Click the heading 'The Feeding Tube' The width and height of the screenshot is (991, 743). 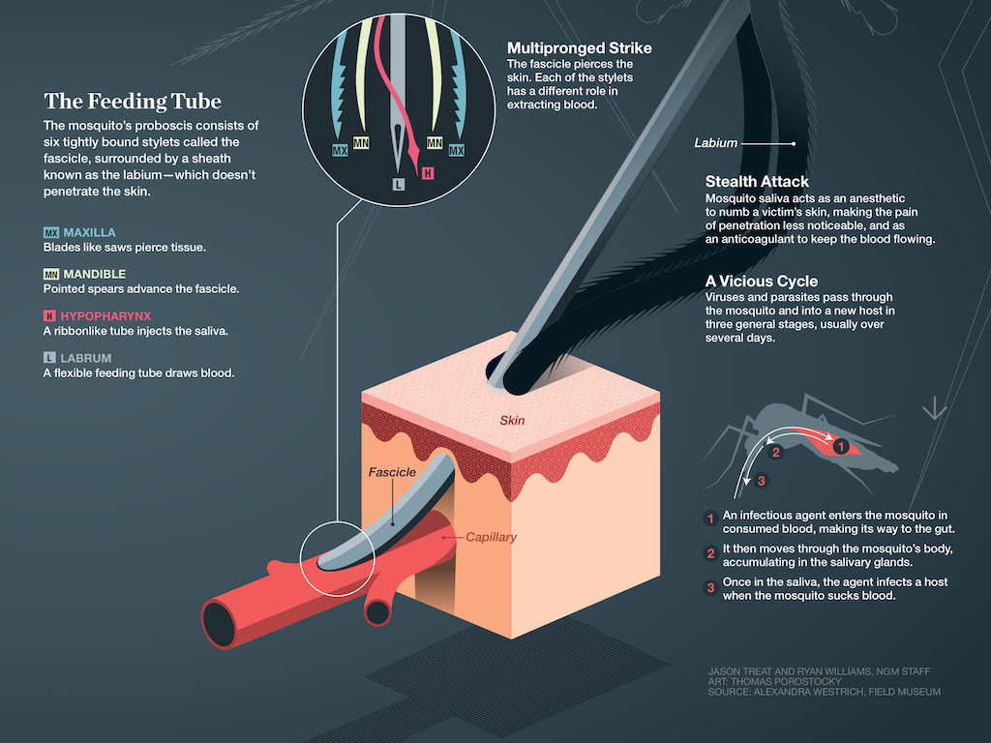133,101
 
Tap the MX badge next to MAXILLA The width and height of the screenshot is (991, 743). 51,232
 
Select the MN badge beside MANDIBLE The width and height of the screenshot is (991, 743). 51,274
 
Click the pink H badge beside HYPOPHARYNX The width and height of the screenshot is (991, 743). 49,316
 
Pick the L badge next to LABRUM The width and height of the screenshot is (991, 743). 49,358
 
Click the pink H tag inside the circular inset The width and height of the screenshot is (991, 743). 428,173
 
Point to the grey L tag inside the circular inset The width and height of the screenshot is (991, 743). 398,184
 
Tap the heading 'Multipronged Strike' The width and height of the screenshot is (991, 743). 579,48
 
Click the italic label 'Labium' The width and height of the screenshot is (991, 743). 715,143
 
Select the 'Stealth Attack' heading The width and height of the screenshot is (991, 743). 757,182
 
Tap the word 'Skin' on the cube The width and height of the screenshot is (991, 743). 512,420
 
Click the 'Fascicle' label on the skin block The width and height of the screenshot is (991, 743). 392,472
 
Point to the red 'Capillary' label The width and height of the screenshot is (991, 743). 491,537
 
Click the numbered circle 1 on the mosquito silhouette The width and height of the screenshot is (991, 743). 840,447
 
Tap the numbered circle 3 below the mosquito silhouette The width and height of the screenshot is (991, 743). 761,481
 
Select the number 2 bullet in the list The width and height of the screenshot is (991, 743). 710,552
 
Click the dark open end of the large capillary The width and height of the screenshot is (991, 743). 219,624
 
